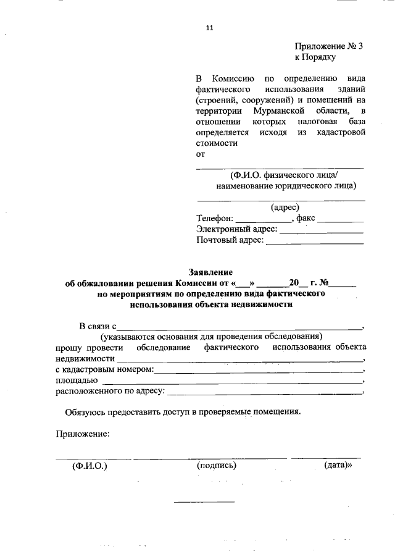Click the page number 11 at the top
point(209,27)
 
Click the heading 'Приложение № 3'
point(323,46)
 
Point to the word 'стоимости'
point(217,143)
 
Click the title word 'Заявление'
point(210,272)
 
